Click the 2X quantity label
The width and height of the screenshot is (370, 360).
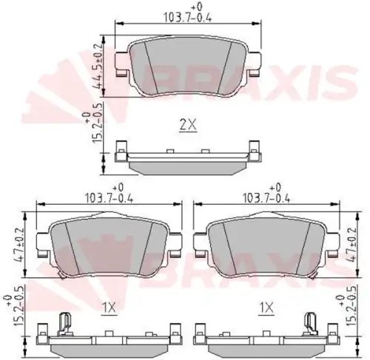pyautogui.click(x=188, y=125)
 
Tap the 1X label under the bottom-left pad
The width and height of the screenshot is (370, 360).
pyautogui.click(x=109, y=308)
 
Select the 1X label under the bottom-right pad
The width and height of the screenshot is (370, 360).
pyautogui.click(x=266, y=308)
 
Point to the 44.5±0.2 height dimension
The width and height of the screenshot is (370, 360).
pyautogui.click(x=98, y=66)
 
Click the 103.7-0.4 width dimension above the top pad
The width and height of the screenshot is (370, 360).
pyautogui.click(x=188, y=14)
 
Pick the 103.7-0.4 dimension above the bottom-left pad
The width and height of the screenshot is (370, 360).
pyautogui.click(x=109, y=194)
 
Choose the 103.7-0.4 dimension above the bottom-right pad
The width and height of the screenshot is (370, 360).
pyautogui.click(x=266, y=194)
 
